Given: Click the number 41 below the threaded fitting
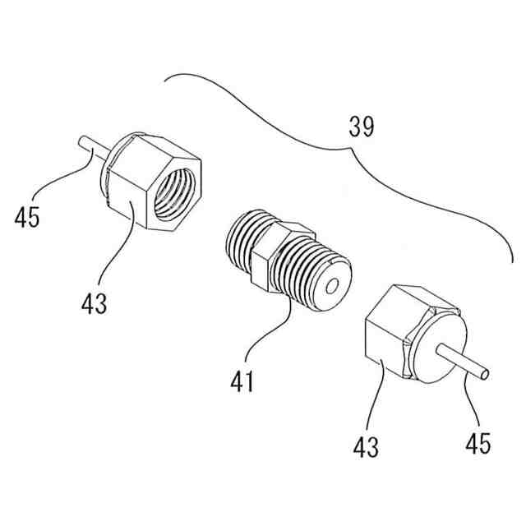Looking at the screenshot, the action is (243, 381).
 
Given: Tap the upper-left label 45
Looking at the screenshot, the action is (29, 218).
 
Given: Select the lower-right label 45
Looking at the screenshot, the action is (477, 443).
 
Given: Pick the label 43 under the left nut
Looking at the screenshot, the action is (94, 303).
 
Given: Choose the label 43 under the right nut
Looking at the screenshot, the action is (367, 447).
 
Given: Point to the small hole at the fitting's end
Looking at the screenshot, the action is (334, 288).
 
